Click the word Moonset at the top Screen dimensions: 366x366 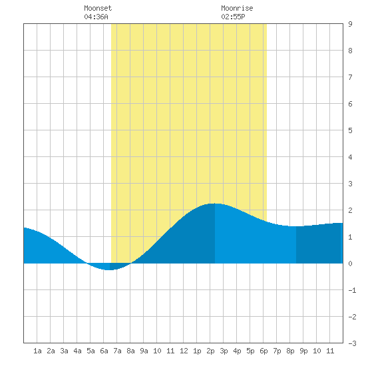tap(98, 8)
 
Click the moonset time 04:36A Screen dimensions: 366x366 tap(96, 17)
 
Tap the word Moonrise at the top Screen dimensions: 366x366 tap(237, 8)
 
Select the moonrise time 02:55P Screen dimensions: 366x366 tap(233, 17)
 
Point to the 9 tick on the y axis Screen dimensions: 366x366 tap(350, 24)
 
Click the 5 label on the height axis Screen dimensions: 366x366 tap(350, 130)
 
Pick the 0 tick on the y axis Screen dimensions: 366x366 tap(350, 264)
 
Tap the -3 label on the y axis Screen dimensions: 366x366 tap(352, 343)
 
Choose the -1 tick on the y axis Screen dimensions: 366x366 tap(352, 290)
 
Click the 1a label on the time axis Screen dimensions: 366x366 tap(37, 351)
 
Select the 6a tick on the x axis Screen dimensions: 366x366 tap(104, 351)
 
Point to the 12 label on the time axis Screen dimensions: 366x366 tap(184, 351)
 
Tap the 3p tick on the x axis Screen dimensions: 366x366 tap(224, 351)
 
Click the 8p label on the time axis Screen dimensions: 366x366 tap(290, 351)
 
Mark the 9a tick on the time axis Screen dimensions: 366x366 tap(144, 351)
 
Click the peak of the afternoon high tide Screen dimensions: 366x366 tap(215, 204)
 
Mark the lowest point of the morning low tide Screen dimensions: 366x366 tap(110, 270)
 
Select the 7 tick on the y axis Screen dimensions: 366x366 tap(350, 77)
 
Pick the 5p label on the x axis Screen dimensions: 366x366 tap(250, 351)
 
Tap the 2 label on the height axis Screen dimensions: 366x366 tap(350, 210)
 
